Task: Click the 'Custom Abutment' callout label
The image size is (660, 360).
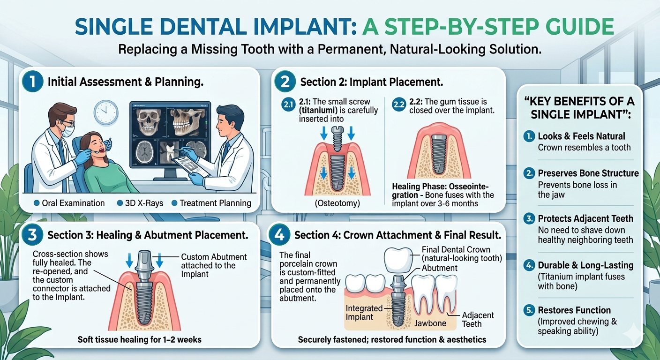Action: tap(214, 265)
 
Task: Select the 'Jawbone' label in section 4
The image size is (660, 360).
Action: tap(430, 323)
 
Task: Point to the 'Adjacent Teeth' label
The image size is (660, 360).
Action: tap(478, 319)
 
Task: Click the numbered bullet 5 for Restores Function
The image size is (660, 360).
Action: tap(528, 310)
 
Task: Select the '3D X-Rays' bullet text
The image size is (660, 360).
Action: tap(139, 203)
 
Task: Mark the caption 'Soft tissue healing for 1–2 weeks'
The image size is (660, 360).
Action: tap(139, 339)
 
